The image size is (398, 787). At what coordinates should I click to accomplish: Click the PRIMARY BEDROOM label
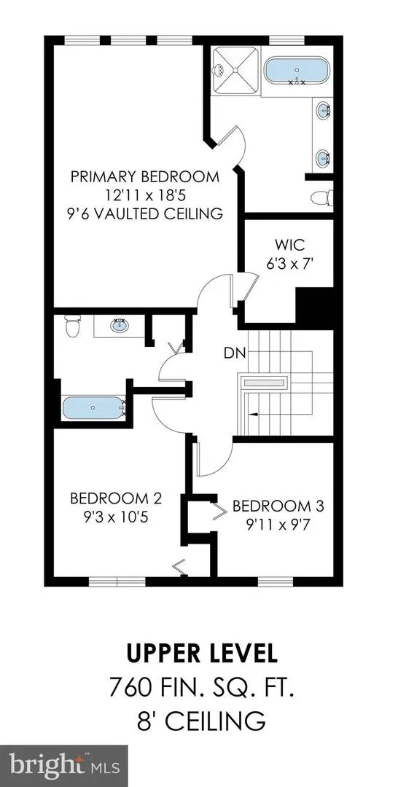point(145,176)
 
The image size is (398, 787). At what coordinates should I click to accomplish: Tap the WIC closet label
point(289,246)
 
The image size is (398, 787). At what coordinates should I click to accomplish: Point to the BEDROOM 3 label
point(278,506)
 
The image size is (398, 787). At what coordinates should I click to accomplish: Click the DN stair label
point(235,353)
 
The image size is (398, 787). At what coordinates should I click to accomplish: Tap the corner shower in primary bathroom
point(235,70)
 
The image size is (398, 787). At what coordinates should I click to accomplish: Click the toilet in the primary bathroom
point(321,197)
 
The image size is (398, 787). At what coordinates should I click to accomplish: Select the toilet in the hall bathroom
point(73,326)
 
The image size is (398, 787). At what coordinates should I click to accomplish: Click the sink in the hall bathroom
point(119,326)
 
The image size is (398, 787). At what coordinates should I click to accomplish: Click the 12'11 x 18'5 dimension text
point(145,195)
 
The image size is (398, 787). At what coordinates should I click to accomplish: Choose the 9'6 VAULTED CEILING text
point(146,214)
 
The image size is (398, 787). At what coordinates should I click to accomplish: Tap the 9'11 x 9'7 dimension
point(278,524)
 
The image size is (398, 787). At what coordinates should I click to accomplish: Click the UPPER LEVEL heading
point(201,654)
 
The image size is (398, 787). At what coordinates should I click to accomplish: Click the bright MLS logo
point(64,766)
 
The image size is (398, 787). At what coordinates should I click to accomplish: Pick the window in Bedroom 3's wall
point(276,582)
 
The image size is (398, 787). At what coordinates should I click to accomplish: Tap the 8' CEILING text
point(201,721)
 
